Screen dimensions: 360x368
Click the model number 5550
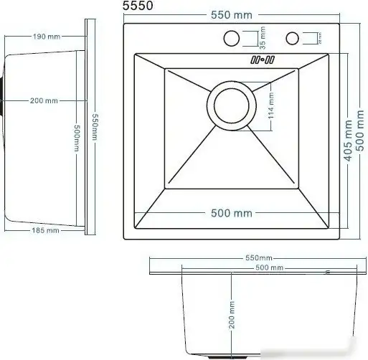click(138, 6)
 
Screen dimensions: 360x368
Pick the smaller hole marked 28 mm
click(293, 38)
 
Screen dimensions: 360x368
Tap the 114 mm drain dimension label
click(270, 107)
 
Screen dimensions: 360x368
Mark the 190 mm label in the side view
click(43, 35)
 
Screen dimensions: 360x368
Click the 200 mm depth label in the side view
click(43, 100)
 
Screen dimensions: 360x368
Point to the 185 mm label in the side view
click(43, 231)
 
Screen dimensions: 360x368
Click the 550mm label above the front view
click(258, 257)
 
